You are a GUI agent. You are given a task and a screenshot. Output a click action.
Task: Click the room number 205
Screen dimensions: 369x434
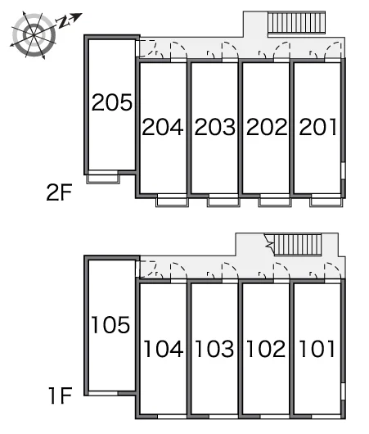click(112, 102)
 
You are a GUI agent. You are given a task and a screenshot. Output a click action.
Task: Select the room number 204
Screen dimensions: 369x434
click(163, 127)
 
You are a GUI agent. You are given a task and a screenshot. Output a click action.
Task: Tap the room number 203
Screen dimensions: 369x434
click(215, 127)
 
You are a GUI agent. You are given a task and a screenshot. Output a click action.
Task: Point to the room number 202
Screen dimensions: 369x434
click(267, 127)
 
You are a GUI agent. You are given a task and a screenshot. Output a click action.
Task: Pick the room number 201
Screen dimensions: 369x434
click(318, 127)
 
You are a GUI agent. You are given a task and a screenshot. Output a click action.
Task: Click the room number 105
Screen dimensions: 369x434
click(110, 324)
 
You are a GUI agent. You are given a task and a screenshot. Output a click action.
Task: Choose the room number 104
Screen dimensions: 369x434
click(163, 349)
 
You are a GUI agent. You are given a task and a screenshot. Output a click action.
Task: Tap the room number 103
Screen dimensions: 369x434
click(214, 349)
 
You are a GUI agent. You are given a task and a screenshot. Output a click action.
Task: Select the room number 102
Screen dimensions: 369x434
click(266, 349)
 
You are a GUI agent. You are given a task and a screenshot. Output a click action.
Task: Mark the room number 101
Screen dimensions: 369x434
click(317, 349)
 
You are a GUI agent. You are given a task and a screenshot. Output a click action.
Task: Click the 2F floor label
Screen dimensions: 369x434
click(59, 192)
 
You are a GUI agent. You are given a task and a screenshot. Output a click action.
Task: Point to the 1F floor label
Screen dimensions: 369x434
click(61, 396)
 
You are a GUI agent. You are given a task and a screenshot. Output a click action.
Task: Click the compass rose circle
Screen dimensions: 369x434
click(34, 35)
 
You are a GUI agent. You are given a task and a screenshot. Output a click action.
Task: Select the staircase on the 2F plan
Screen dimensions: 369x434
click(296, 22)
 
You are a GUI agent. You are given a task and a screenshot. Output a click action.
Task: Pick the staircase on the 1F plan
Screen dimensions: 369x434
click(297, 245)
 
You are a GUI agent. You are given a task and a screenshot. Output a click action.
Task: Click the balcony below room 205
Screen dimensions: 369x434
click(103, 179)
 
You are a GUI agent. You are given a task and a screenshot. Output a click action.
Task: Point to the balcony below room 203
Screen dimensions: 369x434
click(223, 202)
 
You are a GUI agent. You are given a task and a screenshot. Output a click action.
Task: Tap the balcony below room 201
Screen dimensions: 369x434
click(326, 202)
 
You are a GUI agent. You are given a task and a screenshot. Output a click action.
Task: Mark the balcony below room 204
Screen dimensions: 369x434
click(172, 202)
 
